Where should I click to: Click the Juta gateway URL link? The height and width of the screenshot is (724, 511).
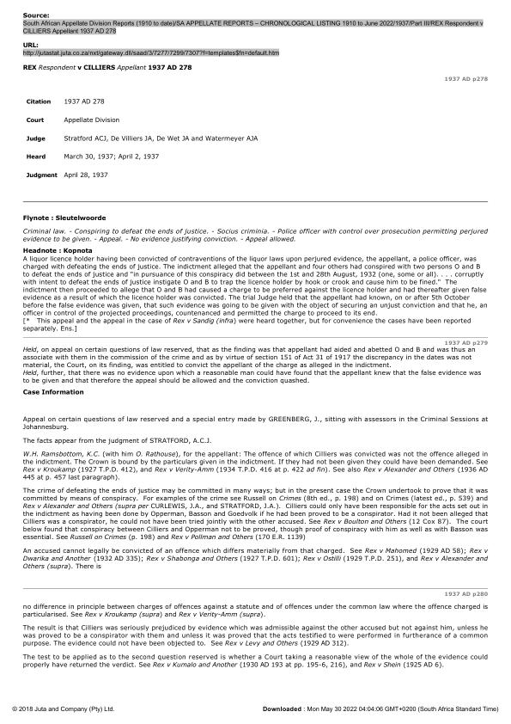point(150,52)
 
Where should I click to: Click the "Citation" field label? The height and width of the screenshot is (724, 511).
point(40,101)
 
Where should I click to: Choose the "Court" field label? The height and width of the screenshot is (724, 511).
point(35,120)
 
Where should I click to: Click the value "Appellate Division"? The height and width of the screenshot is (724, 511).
point(92,120)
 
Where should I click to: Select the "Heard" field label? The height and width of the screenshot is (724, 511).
point(36,156)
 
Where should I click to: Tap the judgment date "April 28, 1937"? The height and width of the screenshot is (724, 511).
point(86,175)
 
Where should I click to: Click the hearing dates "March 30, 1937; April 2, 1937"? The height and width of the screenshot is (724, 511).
point(112,156)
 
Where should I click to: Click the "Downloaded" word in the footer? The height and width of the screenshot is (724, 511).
point(281,709)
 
